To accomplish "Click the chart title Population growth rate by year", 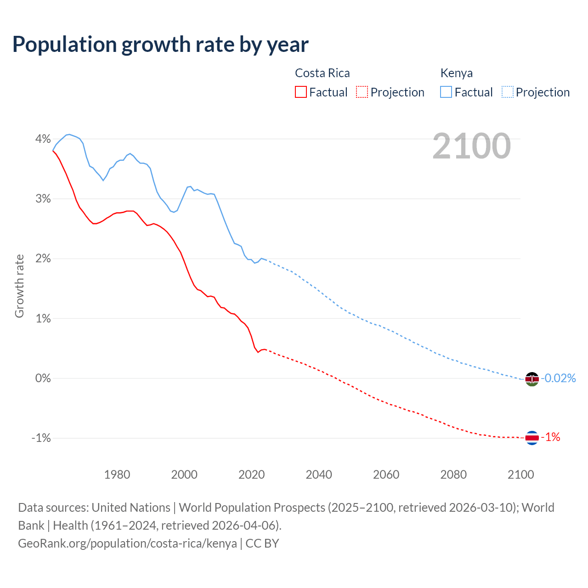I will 160,45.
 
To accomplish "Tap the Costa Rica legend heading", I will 322,73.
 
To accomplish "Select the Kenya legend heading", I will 456,73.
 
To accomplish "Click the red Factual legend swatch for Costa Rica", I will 300,92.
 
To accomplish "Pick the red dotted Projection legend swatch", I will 362,92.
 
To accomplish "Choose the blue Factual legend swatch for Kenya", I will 446,92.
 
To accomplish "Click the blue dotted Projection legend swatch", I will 507,92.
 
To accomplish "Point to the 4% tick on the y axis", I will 43,139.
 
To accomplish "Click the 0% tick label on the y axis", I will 43,378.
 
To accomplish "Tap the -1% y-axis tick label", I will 41,438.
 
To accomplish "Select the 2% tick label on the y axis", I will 43,259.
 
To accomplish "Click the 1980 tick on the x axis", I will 117,475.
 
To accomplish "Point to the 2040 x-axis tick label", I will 319,475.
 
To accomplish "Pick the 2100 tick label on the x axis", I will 520,475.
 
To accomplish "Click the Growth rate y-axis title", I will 19,286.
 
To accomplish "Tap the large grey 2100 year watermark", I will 471,146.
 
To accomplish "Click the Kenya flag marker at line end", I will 531,379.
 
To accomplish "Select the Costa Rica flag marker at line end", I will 531,438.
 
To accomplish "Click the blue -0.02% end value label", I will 558,378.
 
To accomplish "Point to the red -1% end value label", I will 550,437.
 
